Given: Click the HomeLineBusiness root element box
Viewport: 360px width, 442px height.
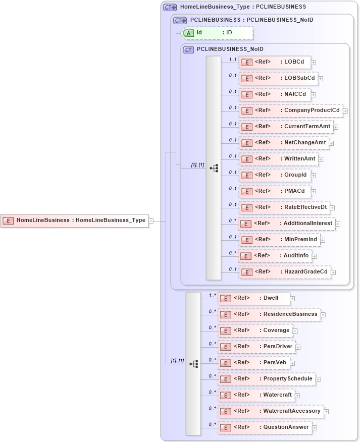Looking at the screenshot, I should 75,220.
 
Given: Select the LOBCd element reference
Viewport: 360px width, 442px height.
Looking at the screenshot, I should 274,62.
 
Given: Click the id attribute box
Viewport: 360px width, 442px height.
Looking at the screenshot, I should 217,33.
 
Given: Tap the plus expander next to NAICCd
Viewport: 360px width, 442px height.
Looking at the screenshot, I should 314,94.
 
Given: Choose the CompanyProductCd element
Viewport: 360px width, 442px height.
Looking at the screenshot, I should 290,111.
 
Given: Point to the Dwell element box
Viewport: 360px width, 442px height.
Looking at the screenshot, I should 254,298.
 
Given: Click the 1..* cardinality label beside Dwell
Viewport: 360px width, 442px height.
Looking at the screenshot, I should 212,295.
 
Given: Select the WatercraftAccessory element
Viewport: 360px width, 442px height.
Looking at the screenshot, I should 271,411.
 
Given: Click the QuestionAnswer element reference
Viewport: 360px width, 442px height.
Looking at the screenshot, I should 265,427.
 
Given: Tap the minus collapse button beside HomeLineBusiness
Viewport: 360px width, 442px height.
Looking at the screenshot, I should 151,220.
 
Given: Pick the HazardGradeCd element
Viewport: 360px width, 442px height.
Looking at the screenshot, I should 285,272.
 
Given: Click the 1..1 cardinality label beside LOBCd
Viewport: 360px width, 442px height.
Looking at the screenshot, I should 233,59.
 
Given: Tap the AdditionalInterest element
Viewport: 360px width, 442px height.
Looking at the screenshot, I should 286,224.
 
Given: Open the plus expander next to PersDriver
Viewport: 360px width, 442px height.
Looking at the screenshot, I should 298,347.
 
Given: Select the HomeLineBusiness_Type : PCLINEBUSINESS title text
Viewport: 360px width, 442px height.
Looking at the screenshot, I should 243,8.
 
